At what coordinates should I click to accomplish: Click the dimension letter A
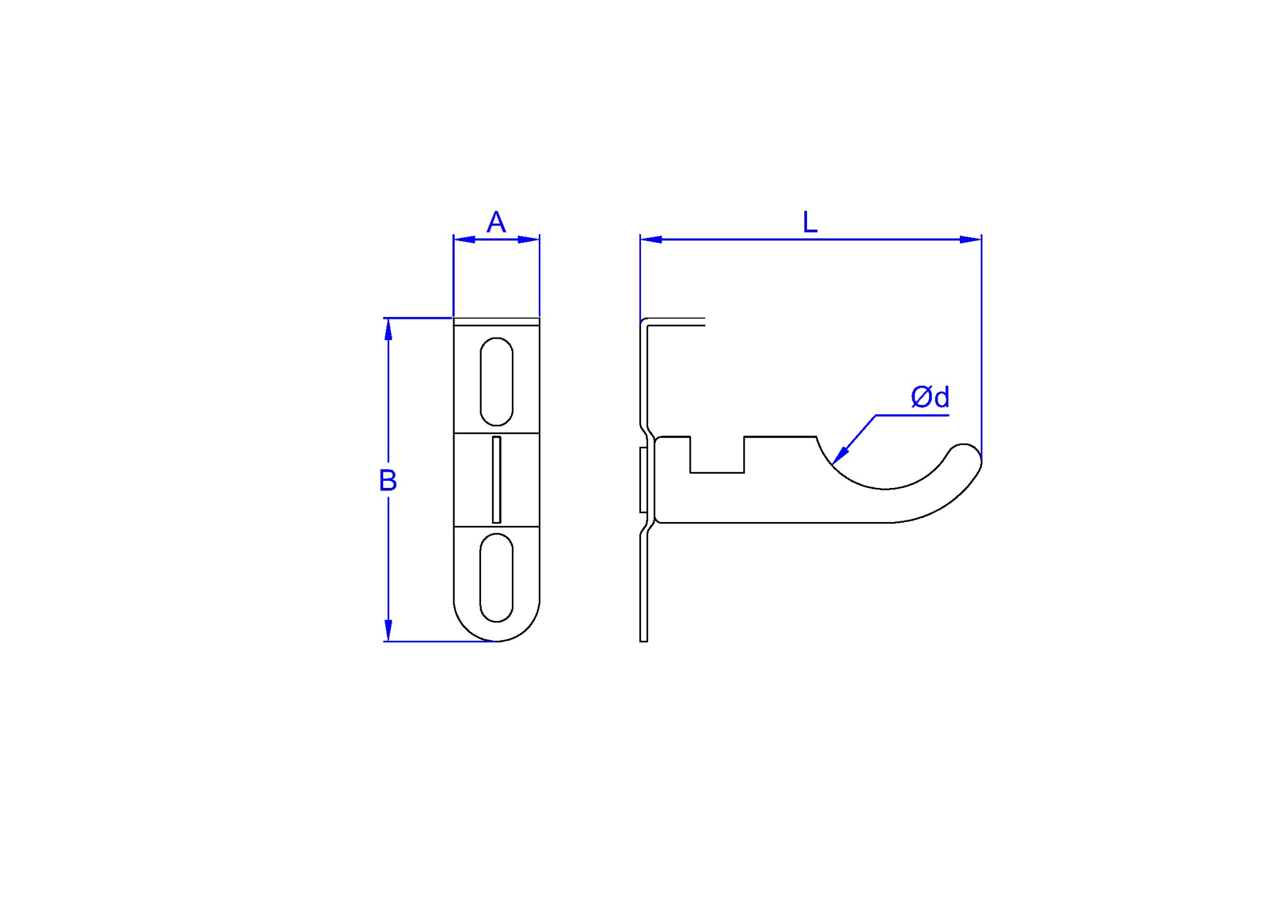coord(496,223)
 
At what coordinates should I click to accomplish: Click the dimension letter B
coord(388,480)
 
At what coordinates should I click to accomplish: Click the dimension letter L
coord(810,223)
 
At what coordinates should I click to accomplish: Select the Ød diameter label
coord(930,397)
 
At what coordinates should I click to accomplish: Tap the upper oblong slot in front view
coord(496,381)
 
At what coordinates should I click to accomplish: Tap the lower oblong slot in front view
coord(496,577)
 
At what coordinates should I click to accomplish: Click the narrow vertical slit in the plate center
coord(496,480)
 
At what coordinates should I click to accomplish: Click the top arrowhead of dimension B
coord(388,328)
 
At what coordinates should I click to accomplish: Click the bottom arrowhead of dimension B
coord(388,631)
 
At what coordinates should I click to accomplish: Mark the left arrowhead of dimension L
coord(651,240)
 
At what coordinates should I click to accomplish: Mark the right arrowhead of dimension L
coord(971,240)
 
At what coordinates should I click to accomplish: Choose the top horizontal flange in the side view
coord(675,322)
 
